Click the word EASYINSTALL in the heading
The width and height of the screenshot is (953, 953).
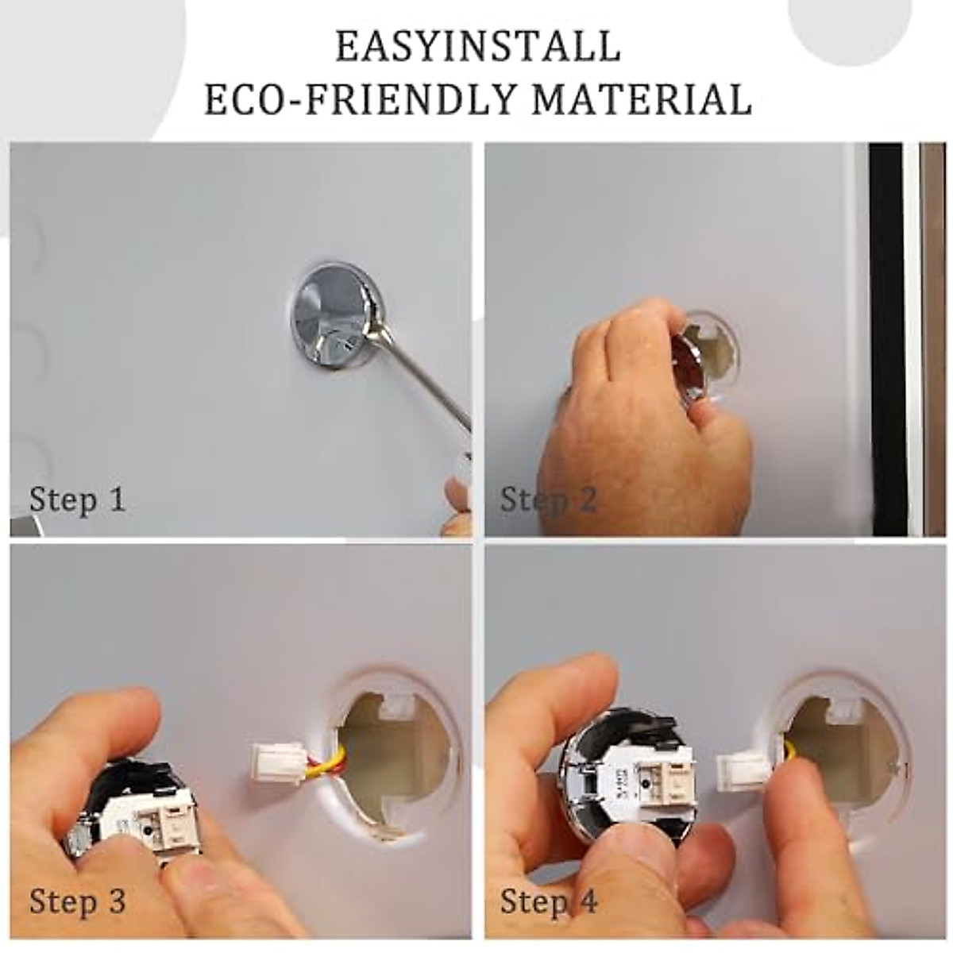(x=477, y=46)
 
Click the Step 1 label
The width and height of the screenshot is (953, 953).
(x=77, y=500)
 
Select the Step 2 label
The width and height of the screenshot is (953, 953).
(x=548, y=500)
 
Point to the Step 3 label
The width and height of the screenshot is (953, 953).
(x=77, y=902)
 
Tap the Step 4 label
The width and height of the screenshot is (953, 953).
(x=548, y=902)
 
